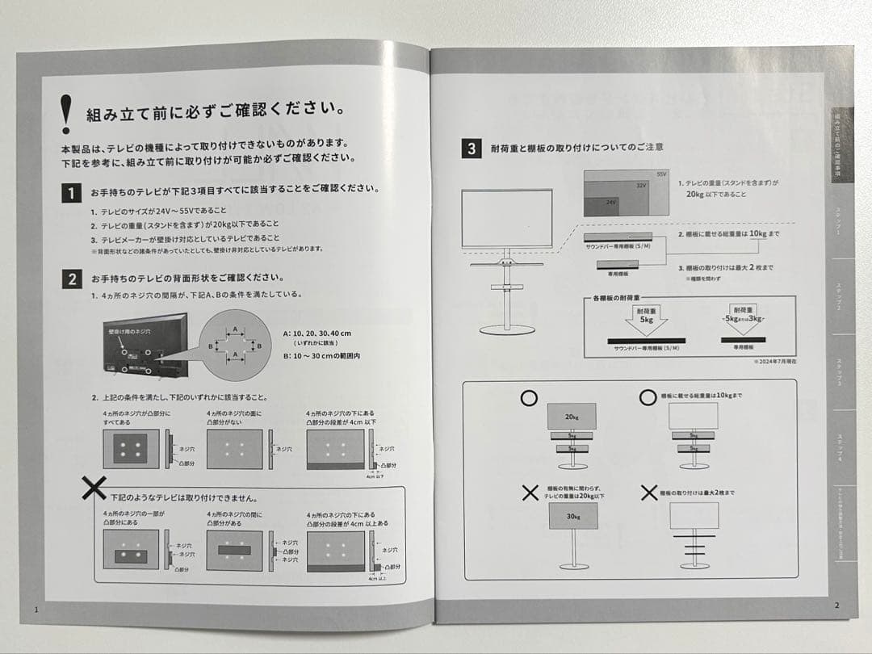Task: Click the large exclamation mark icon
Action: (66, 113)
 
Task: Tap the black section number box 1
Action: (71, 193)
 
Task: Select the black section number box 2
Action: (71, 279)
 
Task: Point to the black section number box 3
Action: (472, 149)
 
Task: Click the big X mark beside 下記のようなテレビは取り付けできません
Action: (94, 487)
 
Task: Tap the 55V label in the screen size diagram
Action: (660, 174)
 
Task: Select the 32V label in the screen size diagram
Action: (642, 186)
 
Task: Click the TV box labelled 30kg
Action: (572, 517)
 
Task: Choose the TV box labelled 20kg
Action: (572, 417)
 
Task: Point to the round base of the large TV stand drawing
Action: (507, 329)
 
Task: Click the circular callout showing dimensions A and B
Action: (234, 344)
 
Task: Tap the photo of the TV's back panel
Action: (144, 346)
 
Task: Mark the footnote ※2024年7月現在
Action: (773, 362)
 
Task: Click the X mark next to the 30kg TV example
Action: (530, 493)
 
